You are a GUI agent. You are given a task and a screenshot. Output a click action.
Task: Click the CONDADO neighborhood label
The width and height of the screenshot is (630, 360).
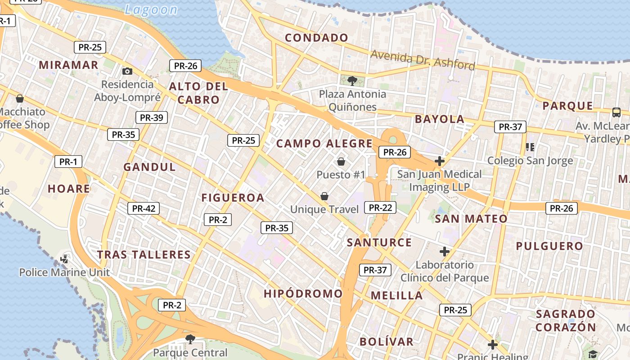pos(316,38)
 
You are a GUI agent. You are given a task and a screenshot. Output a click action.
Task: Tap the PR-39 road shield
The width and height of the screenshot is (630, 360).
pos(152,118)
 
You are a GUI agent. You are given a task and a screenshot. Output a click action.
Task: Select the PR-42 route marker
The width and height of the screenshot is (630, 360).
pos(144,208)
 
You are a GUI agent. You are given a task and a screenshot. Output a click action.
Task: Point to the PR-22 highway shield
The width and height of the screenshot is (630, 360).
pos(380,207)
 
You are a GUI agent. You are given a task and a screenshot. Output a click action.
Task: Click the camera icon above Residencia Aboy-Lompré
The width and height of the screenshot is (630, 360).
pos(127,71)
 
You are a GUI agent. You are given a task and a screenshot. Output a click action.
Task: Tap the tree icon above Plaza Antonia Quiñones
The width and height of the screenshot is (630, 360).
pos(352,81)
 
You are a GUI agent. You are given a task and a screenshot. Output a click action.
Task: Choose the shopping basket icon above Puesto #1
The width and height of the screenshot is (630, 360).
pos(341,161)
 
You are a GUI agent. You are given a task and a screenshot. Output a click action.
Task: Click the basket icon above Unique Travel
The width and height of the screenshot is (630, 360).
pos(324,196)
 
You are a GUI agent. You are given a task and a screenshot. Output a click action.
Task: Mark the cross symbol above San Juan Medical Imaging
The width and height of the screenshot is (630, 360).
pos(440,161)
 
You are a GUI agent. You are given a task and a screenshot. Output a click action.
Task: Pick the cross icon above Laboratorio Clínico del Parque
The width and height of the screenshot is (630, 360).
pos(445,252)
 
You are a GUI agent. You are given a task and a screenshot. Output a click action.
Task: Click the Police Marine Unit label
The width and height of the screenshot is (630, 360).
pos(64,272)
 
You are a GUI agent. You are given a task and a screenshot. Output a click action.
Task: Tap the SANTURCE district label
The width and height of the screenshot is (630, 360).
pos(379,243)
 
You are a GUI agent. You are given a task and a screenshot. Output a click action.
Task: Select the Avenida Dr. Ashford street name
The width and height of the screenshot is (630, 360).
pos(423,60)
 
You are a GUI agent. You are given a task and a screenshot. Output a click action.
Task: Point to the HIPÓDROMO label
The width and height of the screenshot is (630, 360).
pos(303,294)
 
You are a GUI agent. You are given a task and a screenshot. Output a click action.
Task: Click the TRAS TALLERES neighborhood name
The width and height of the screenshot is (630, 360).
pos(144,255)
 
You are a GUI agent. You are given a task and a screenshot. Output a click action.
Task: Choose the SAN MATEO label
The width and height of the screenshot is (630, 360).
pos(471,219)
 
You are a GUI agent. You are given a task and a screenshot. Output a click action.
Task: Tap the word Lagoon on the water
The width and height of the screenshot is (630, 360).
pos(151,9)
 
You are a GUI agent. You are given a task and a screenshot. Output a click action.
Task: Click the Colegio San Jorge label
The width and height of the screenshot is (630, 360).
pos(530,161)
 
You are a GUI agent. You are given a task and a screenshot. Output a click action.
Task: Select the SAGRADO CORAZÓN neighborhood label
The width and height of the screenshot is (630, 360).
pos(566,320)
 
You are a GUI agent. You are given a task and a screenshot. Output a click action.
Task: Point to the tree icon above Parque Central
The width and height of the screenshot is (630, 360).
pos(190,338)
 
